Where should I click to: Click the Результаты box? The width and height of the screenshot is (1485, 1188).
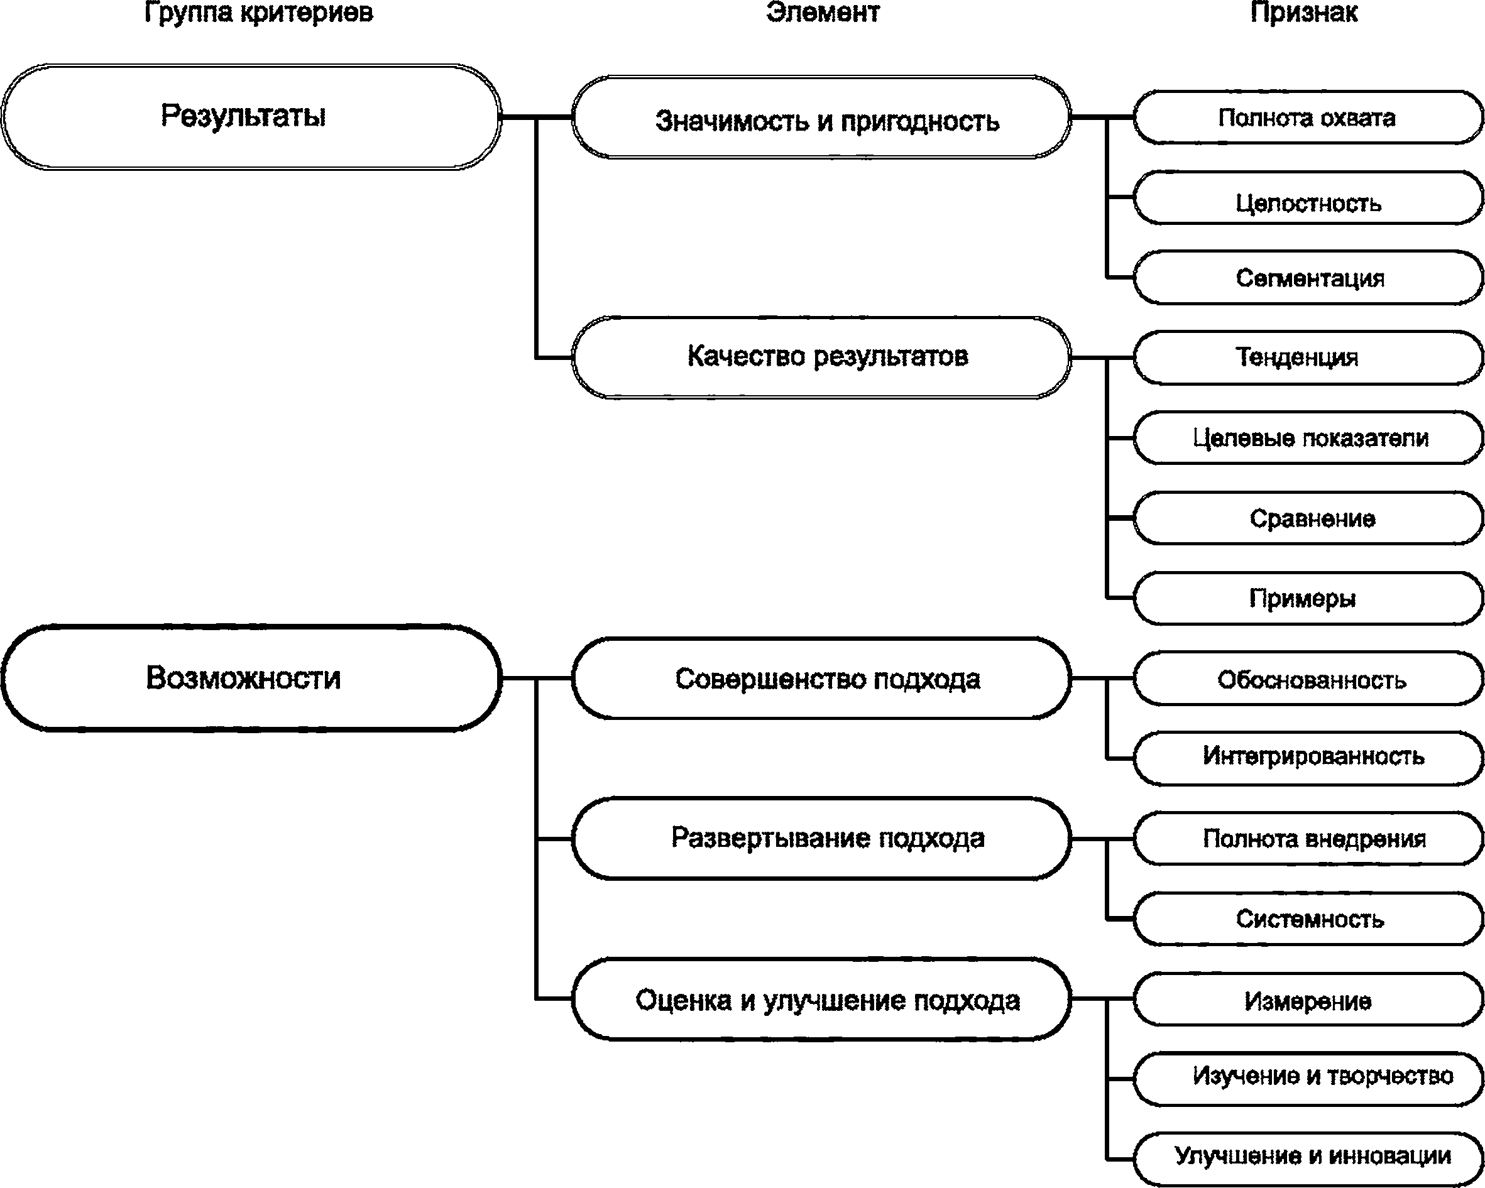pos(251,116)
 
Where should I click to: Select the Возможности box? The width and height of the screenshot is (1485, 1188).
pos(251,678)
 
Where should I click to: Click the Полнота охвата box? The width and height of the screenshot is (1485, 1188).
pos(1308,117)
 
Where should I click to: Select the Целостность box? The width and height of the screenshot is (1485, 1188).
pos(1308,198)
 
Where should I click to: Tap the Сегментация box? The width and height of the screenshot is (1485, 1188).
pos(1308,278)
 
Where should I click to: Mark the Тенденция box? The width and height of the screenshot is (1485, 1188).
pos(1308,357)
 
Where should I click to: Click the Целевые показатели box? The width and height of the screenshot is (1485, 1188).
pos(1308,438)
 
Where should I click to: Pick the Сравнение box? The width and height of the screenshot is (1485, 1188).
pos(1308,518)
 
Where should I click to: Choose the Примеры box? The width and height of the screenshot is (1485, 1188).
pos(1308,598)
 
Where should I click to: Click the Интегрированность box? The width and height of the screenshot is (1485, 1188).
pos(1308,758)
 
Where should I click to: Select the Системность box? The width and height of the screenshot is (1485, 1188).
pos(1308,918)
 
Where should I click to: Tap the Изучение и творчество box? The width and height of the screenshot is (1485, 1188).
pos(1308,1079)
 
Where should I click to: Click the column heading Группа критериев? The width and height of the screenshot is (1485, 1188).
pos(259,13)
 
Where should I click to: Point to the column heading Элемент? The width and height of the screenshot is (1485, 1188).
pos(823,12)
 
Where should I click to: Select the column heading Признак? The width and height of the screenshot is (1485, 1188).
pos(1305,13)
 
